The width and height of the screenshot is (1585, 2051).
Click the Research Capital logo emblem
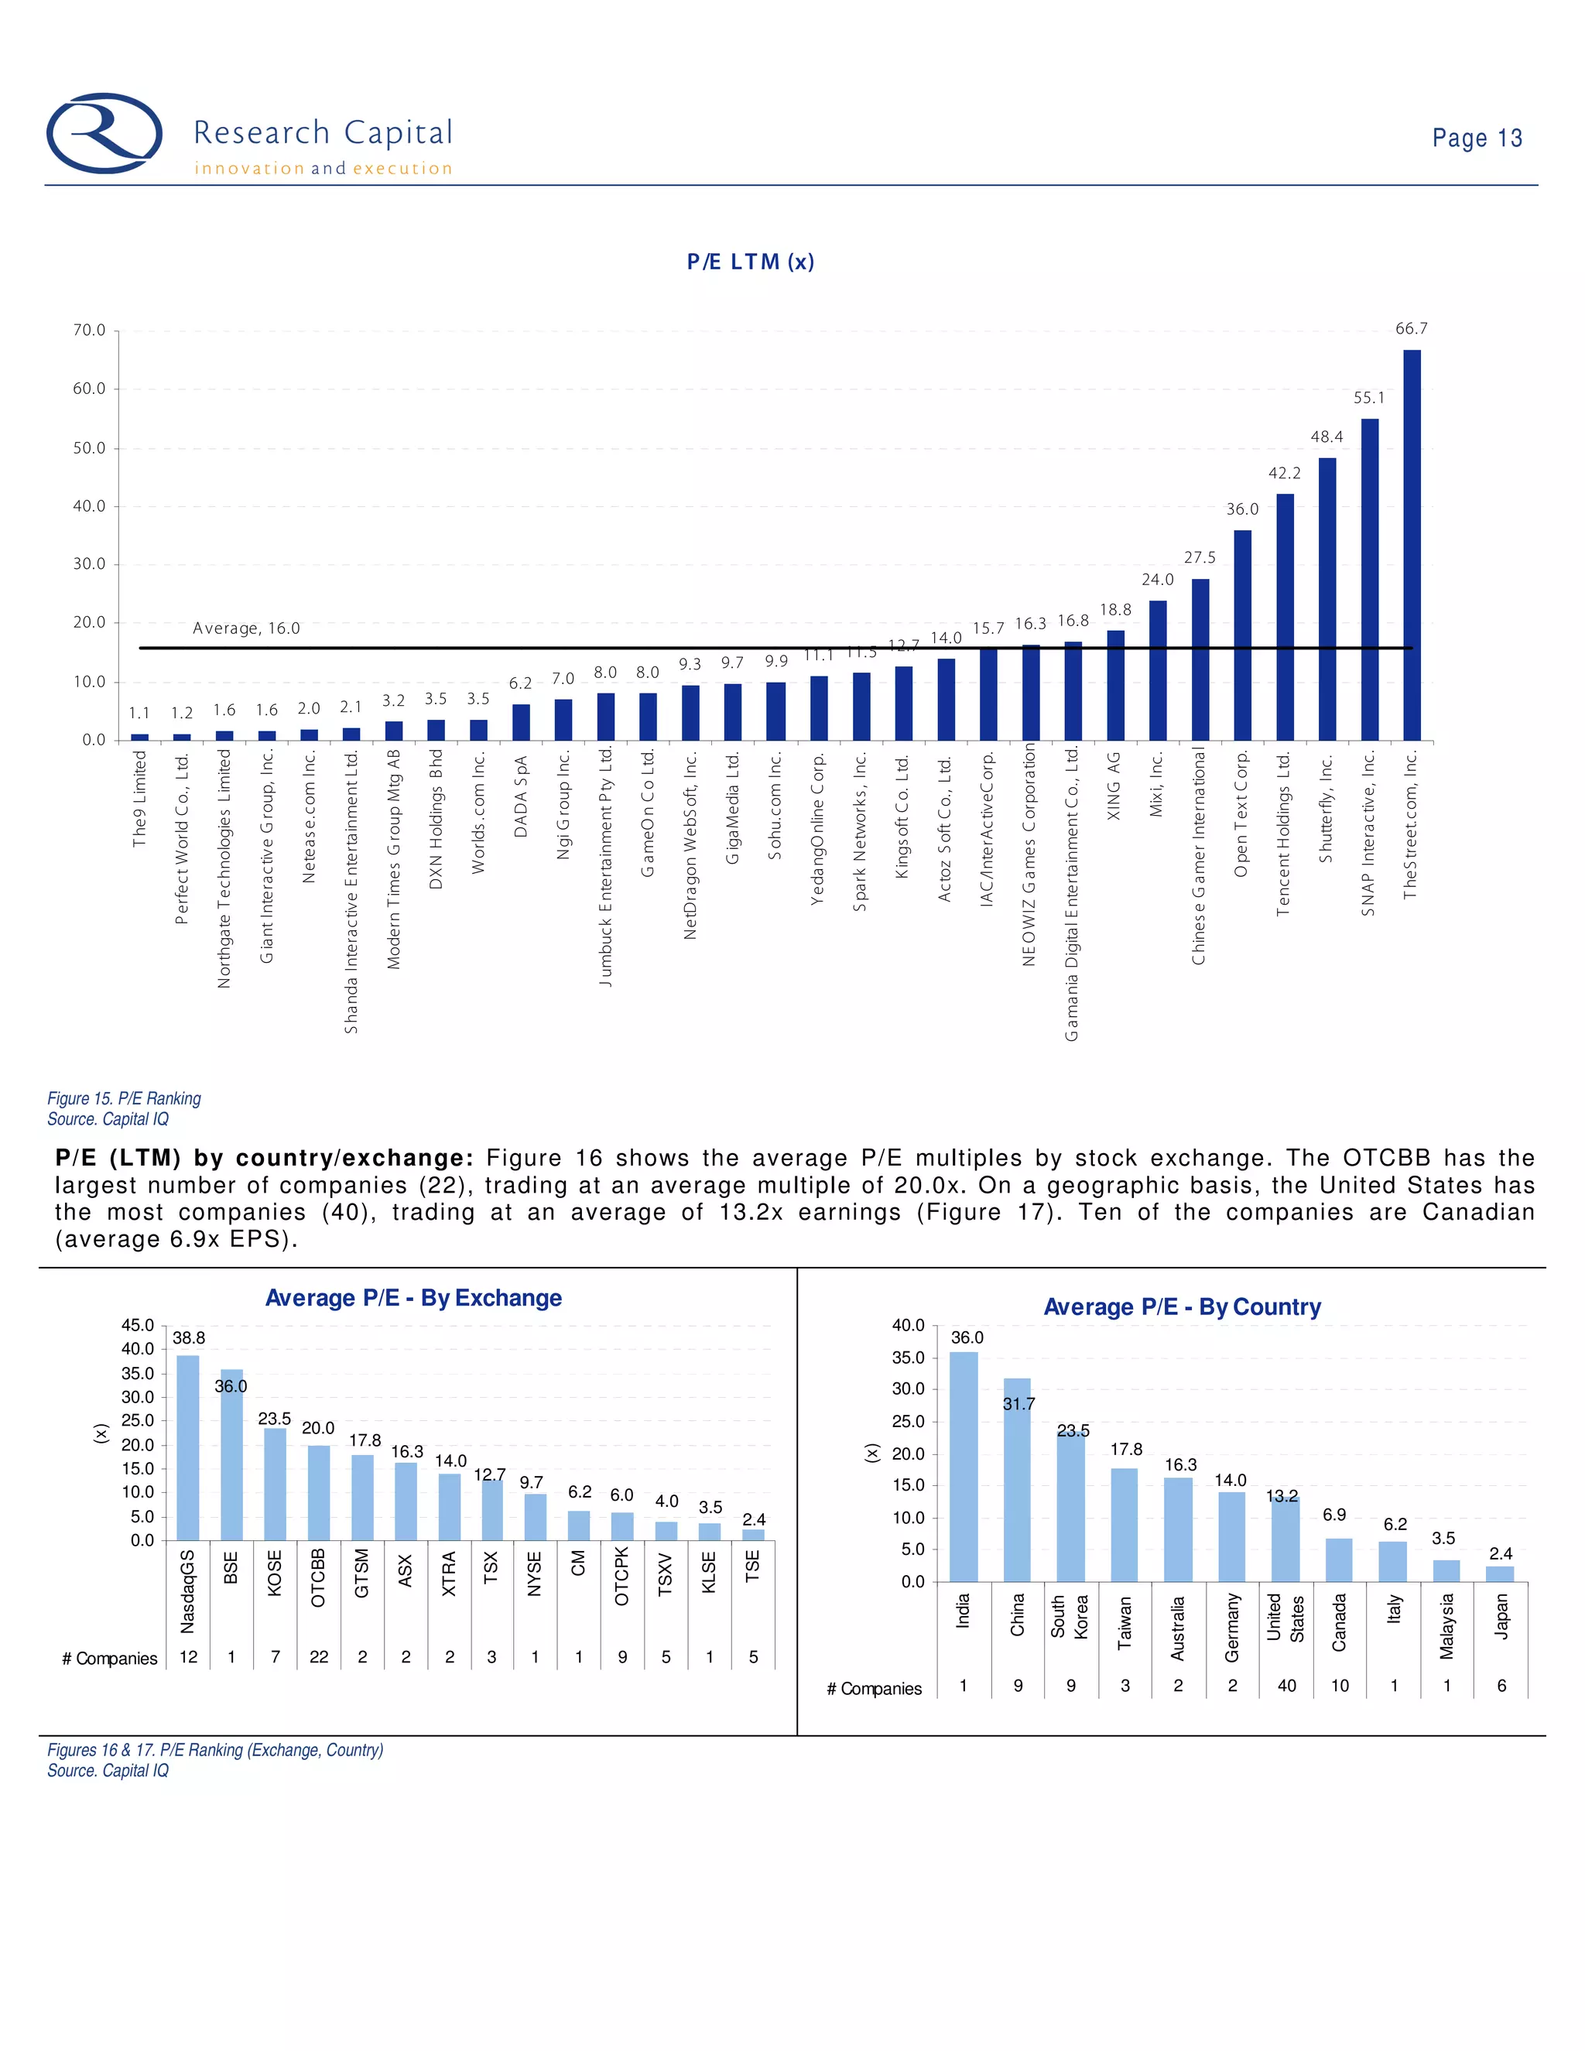104,133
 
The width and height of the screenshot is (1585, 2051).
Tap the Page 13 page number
1476,138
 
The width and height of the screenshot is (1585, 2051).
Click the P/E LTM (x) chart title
750,262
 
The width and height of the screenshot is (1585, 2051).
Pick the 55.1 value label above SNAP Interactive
1369,398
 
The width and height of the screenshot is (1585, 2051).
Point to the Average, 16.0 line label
246,628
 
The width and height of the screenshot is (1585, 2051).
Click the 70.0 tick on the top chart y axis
89,330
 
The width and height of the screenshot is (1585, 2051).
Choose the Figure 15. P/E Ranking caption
124,1099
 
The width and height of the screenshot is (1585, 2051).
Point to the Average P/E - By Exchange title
413,1298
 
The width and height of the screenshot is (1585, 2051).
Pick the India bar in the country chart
964,1467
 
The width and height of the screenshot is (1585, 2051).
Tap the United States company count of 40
1286,1686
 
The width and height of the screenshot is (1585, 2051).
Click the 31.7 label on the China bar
1018,1404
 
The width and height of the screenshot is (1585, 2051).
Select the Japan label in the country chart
1501,1615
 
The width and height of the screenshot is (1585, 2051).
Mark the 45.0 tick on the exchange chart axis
137,1325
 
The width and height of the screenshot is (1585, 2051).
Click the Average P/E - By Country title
1183,1307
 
